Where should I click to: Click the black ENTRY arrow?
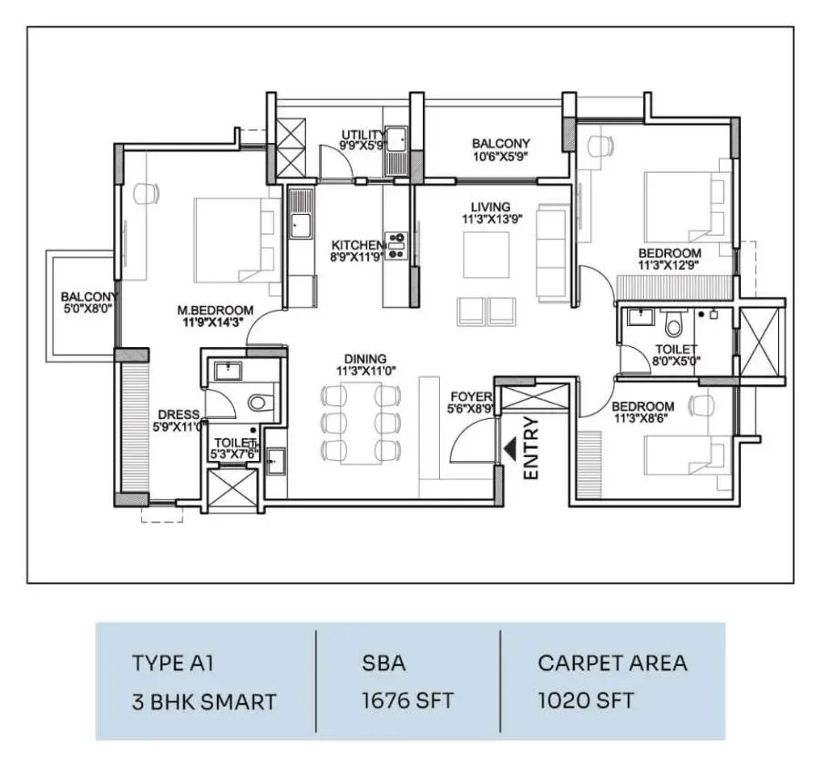[510, 449]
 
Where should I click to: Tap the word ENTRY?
[531, 448]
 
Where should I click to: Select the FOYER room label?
[471, 397]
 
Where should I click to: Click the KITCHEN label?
[358, 245]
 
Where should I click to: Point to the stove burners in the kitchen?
[396, 245]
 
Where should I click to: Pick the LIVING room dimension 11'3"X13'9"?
[492, 220]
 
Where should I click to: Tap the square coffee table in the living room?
[487, 255]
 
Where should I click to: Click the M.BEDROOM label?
[215, 311]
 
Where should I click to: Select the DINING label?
[365, 359]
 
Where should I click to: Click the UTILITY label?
[363, 135]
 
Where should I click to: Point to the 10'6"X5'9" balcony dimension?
[501, 156]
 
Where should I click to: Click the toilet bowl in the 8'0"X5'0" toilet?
[673, 324]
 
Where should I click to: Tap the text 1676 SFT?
[407, 700]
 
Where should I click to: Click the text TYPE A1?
[172, 663]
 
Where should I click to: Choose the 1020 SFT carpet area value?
[586, 700]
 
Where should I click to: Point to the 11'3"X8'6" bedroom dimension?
[641, 418]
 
